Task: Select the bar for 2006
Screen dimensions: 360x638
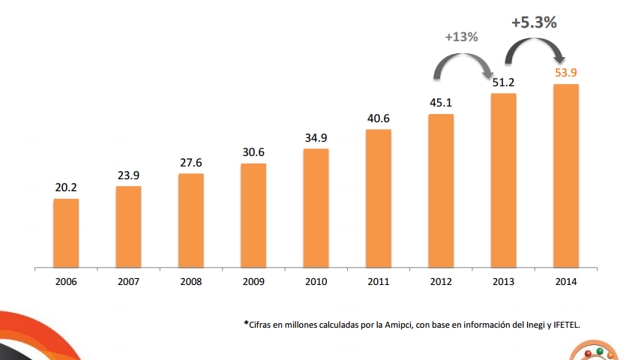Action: click(x=66, y=232)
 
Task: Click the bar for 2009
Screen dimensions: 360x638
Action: click(x=253, y=215)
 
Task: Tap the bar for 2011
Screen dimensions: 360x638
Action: click(x=379, y=198)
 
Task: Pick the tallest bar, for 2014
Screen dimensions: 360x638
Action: click(x=565, y=175)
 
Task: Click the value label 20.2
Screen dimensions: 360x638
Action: click(x=66, y=187)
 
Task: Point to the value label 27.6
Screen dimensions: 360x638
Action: click(x=191, y=162)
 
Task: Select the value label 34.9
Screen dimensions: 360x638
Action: click(x=316, y=137)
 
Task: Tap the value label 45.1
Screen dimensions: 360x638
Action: click(x=441, y=102)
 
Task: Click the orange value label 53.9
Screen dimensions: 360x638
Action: click(x=565, y=73)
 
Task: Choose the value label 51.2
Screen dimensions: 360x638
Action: click(x=503, y=82)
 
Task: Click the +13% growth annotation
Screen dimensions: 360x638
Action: click(x=461, y=37)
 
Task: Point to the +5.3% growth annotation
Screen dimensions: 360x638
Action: click(x=534, y=22)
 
